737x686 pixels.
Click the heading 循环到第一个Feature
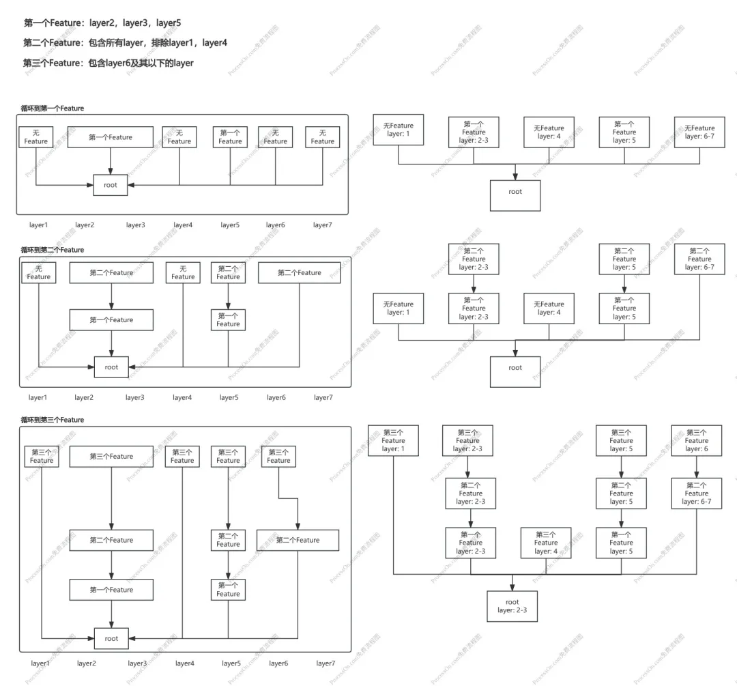click(x=52, y=108)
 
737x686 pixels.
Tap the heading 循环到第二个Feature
click(x=52, y=250)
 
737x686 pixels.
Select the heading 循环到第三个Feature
click(x=52, y=420)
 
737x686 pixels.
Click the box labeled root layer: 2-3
click(x=512, y=606)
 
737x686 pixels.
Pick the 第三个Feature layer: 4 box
click(x=546, y=543)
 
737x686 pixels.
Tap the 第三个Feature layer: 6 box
click(x=697, y=440)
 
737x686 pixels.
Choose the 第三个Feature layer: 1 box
click(x=394, y=440)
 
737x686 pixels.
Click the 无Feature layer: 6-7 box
click(x=700, y=132)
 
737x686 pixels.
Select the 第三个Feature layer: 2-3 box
click(x=467, y=440)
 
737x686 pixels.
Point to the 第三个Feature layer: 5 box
click(x=622, y=440)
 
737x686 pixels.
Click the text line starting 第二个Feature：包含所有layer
click(x=125, y=43)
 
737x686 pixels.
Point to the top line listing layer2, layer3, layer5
click(x=102, y=23)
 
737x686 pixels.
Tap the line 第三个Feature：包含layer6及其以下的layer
click(x=108, y=63)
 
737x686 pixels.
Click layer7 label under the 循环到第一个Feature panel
click(x=322, y=225)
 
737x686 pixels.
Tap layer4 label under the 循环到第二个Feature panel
click(x=182, y=397)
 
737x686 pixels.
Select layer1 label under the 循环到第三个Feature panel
click(x=40, y=663)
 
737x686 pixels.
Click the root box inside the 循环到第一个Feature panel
click(x=111, y=185)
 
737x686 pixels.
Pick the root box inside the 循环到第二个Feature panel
click(x=111, y=367)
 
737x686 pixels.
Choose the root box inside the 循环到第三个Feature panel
click(x=111, y=638)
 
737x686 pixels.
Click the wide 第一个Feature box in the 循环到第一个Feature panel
click(x=111, y=137)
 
